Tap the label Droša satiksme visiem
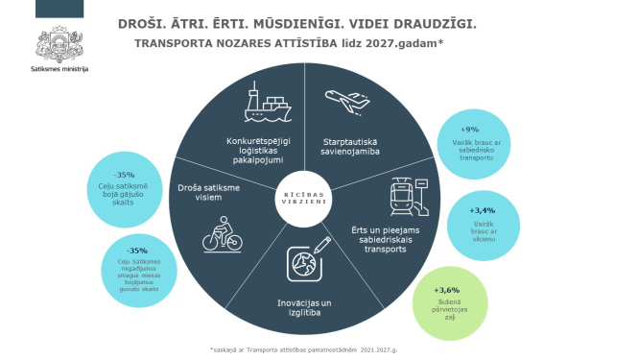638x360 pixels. [x=208, y=193]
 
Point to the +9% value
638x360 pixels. [x=469, y=129]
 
